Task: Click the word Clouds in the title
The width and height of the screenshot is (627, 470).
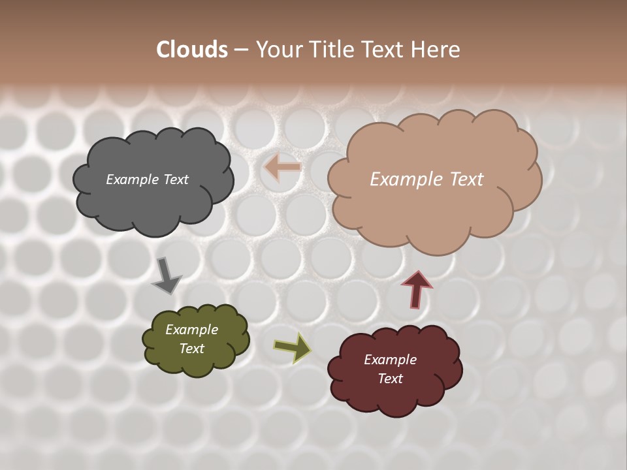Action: [x=191, y=50]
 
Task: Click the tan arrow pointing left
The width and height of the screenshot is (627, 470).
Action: [x=282, y=168]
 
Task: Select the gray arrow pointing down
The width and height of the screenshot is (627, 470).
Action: [x=167, y=275]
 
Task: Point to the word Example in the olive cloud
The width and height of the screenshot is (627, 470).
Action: [x=191, y=330]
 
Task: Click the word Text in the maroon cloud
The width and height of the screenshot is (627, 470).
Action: [x=390, y=379]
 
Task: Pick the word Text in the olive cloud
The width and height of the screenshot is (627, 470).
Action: [x=191, y=349]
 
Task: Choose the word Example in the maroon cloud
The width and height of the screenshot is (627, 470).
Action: [x=390, y=360]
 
